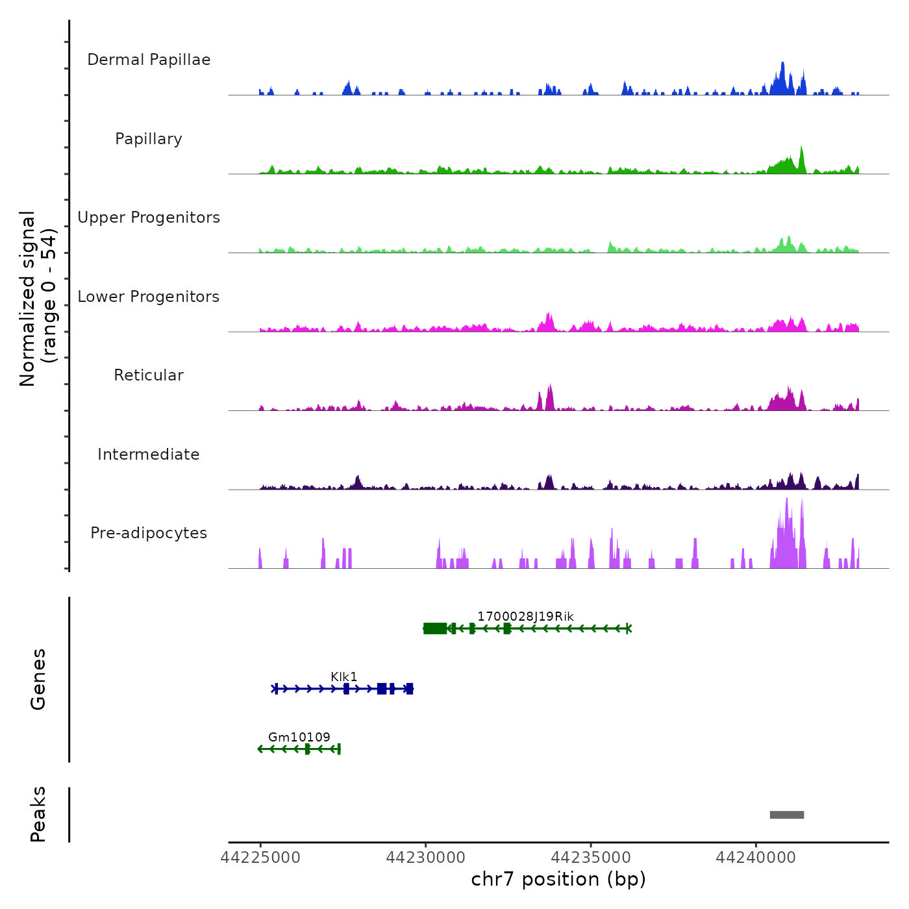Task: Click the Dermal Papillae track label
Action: click(x=149, y=60)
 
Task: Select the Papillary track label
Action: click(x=149, y=139)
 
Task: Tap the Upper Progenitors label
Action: click(x=149, y=218)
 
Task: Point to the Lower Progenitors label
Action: click(x=149, y=297)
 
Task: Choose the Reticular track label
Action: click(x=149, y=375)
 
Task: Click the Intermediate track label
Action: click(x=149, y=454)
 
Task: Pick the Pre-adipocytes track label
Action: click(x=149, y=533)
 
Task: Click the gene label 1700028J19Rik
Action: click(x=525, y=616)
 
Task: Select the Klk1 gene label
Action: click(x=344, y=677)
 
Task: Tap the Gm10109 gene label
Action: click(x=299, y=737)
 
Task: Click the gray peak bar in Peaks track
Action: click(x=787, y=815)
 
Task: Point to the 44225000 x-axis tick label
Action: click(x=261, y=858)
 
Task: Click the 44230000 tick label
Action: click(x=426, y=858)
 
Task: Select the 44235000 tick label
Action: click(x=591, y=858)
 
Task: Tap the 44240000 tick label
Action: click(x=756, y=858)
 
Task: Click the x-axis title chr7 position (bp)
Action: click(x=558, y=879)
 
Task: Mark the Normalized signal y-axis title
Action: click(x=38, y=299)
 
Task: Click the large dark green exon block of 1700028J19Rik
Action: click(x=435, y=628)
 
